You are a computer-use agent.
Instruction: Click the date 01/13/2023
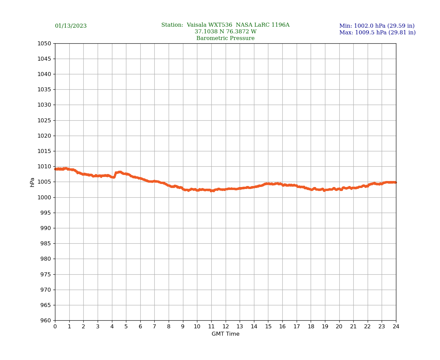click(x=71, y=26)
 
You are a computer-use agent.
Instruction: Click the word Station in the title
click(x=172, y=25)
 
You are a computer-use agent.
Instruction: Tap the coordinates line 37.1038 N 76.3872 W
click(x=225, y=32)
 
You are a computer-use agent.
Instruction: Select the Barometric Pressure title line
click(x=225, y=38)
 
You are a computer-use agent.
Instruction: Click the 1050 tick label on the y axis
click(x=44, y=43)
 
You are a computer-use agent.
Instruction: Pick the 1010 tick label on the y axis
click(x=44, y=167)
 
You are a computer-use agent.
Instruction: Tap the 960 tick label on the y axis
click(x=45, y=321)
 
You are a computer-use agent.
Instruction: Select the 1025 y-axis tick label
click(x=44, y=120)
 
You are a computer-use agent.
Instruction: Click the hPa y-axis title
click(x=32, y=182)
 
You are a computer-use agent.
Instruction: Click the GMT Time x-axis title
click(x=225, y=334)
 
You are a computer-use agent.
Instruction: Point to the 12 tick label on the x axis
click(x=226, y=327)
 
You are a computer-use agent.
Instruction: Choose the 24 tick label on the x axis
click(x=396, y=327)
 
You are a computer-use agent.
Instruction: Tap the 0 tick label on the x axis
click(x=55, y=327)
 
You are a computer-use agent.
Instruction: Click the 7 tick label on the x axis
click(x=154, y=327)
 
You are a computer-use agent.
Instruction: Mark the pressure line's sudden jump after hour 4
click(x=115, y=174)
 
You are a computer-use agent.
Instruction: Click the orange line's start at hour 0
click(x=55, y=169)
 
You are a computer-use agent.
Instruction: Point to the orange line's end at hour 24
click(x=396, y=182)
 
